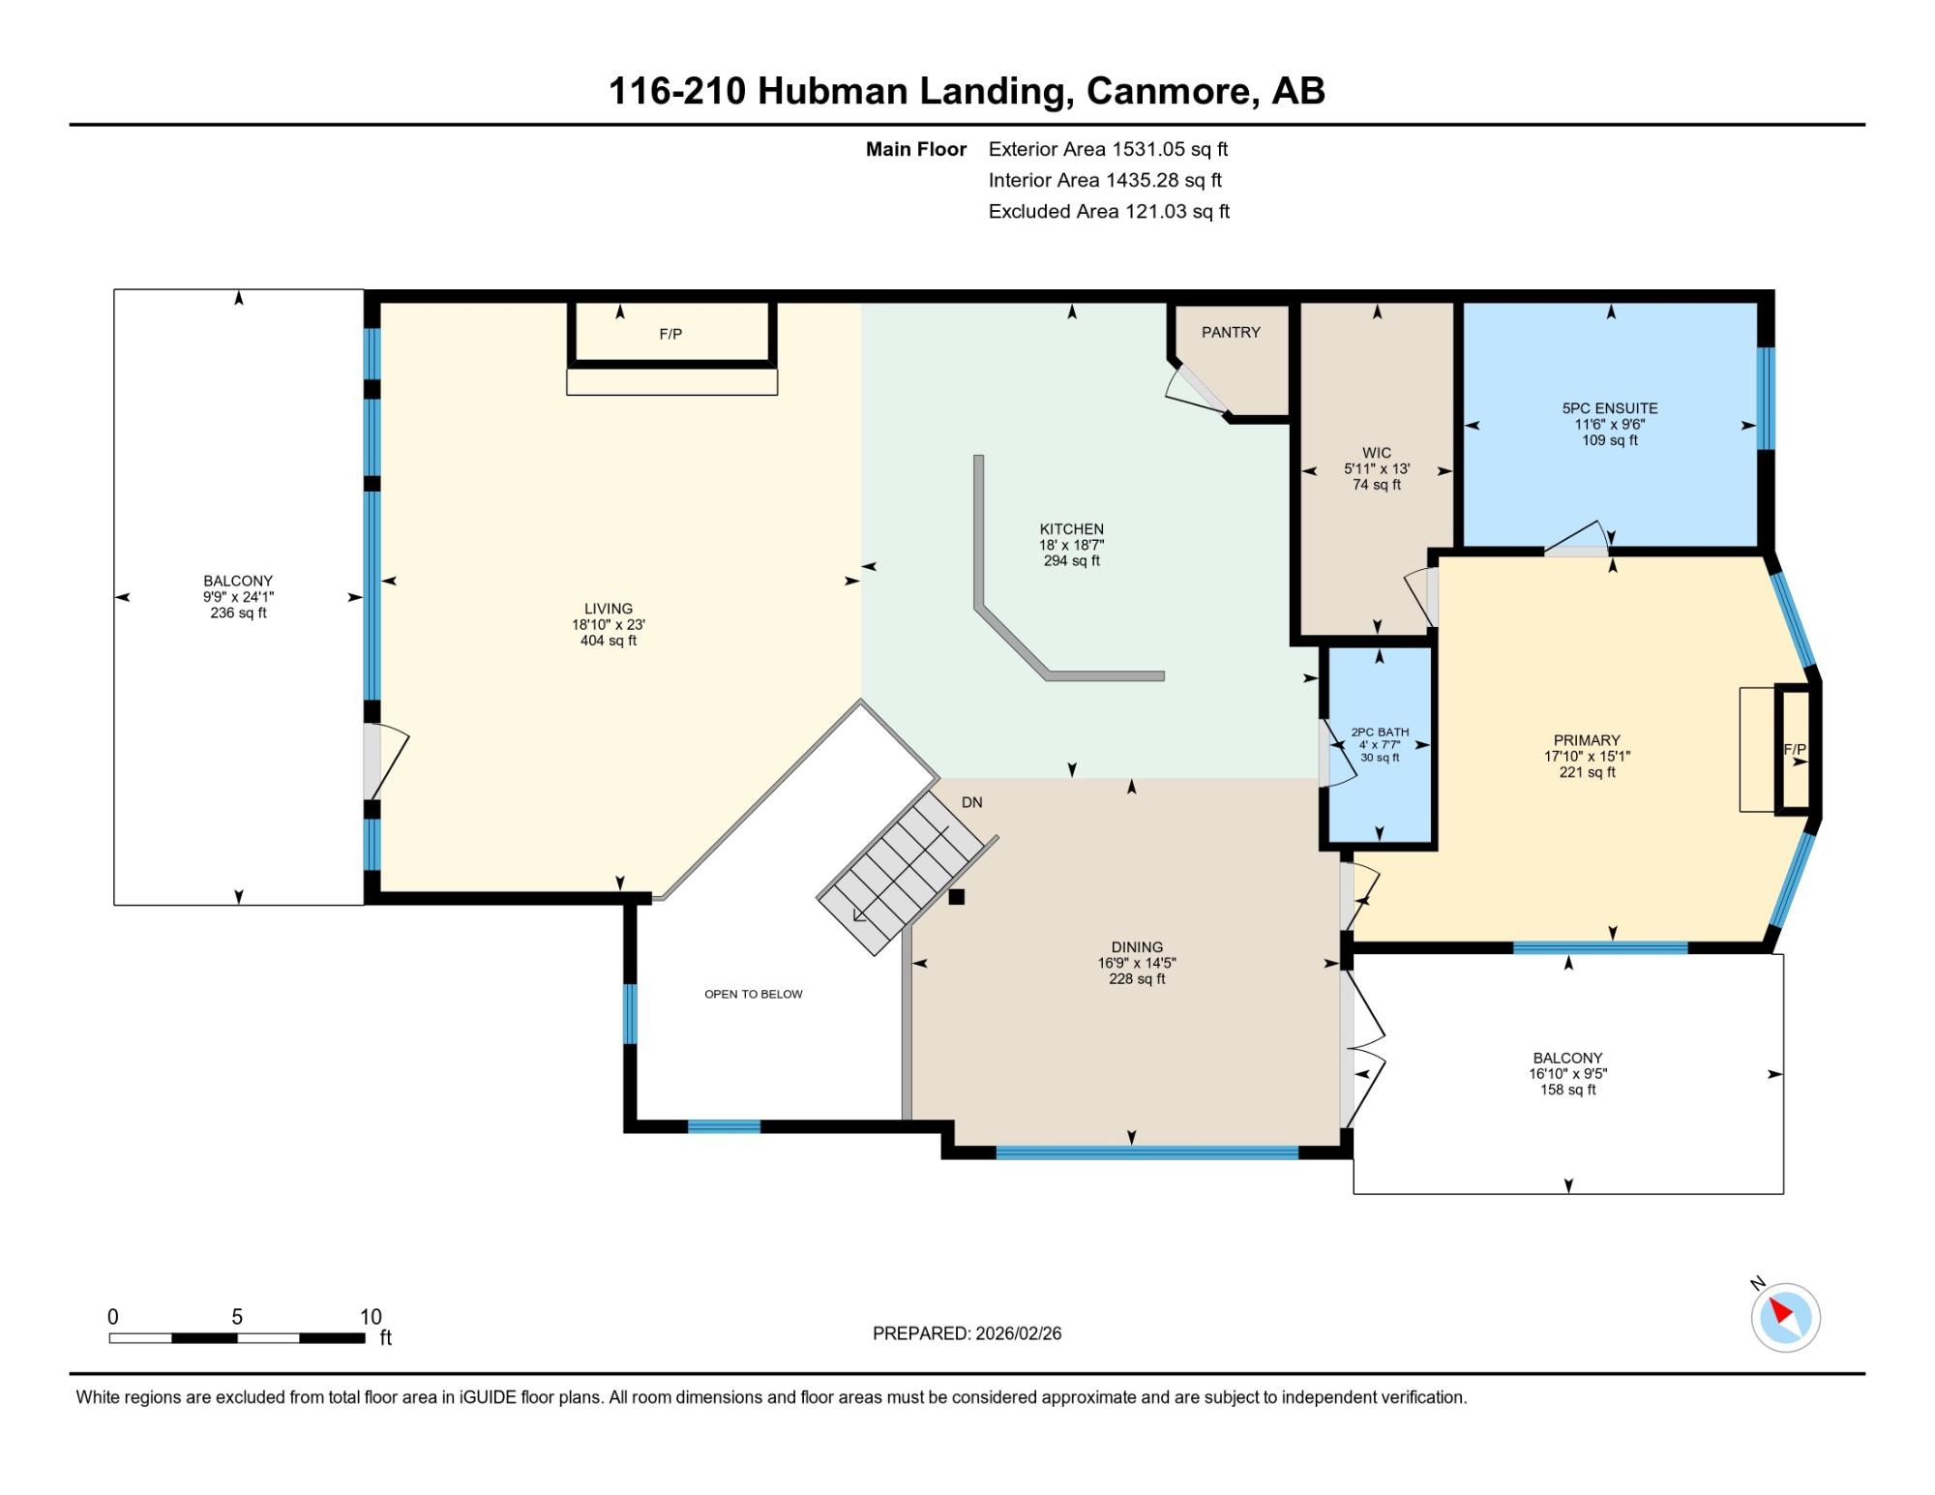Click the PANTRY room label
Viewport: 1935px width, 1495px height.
coord(1231,332)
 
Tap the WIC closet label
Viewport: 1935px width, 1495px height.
coord(1376,453)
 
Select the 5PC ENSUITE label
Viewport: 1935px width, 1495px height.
coord(1610,408)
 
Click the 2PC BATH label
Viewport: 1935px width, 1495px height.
coord(1380,733)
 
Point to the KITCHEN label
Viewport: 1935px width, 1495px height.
coord(1071,529)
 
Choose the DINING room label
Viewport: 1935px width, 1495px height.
coord(1137,947)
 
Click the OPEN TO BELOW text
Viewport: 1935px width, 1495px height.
coord(754,994)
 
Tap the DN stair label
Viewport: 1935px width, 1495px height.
coord(971,802)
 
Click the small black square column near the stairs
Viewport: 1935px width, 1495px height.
coord(956,897)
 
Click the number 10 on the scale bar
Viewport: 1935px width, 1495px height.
coord(371,1316)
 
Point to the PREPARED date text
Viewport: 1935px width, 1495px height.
coord(967,1333)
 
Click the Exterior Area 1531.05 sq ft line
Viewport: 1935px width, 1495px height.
coord(1108,149)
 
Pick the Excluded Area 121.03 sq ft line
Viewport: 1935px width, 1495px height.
coord(1109,211)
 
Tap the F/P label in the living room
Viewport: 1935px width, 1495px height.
coord(670,334)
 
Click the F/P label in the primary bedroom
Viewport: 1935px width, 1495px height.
coord(1795,749)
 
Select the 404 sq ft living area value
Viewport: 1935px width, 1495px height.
coord(608,641)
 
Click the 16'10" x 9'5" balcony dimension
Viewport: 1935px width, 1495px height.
coord(1567,1074)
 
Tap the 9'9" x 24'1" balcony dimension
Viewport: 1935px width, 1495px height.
coord(238,597)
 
